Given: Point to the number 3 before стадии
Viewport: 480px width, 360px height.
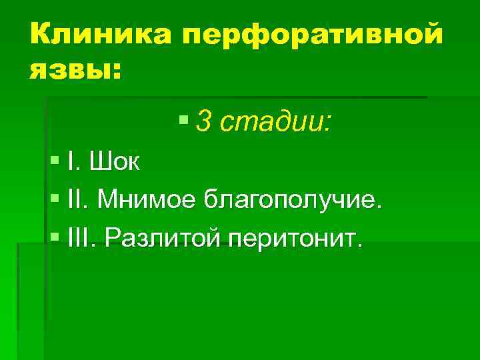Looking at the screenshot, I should pyautogui.click(x=205, y=122).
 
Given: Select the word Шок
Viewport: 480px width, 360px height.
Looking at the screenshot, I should pyautogui.click(x=114, y=162).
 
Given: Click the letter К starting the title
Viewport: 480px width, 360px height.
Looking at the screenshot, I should pyautogui.click(x=39, y=33).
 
